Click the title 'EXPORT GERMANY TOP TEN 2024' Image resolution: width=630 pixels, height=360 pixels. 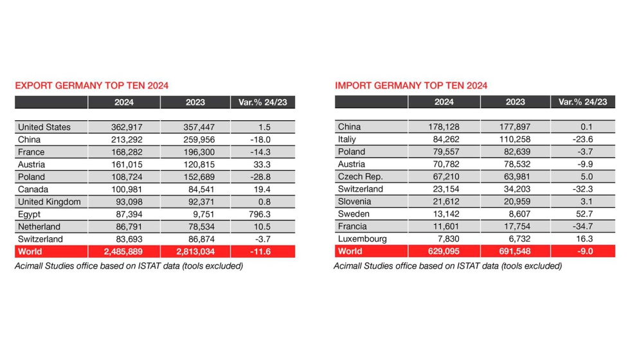[x=92, y=85]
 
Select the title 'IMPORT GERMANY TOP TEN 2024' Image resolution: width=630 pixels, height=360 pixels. [x=411, y=85]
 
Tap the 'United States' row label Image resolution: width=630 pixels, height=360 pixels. [x=44, y=127]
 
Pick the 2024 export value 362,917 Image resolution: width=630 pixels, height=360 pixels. [x=124, y=127]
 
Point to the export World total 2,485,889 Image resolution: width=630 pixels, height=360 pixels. [x=124, y=251]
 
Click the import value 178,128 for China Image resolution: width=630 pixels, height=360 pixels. [x=444, y=127]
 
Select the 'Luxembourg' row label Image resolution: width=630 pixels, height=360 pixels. [x=362, y=239]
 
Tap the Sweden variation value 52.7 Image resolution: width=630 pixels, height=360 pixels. [x=582, y=214]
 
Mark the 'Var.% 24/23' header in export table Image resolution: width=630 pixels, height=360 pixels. [x=262, y=102]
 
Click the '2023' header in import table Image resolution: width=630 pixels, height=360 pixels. [x=515, y=102]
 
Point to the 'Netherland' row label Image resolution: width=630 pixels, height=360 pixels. [x=39, y=226]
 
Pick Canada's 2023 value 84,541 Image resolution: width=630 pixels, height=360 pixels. [x=195, y=189]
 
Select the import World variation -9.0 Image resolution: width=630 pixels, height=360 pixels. [x=582, y=251]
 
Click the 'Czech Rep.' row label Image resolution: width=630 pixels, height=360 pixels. [x=360, y=177]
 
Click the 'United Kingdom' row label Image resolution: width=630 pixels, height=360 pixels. [x=50, y=202]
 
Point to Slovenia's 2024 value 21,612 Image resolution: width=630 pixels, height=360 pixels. [x=444, y=202]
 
